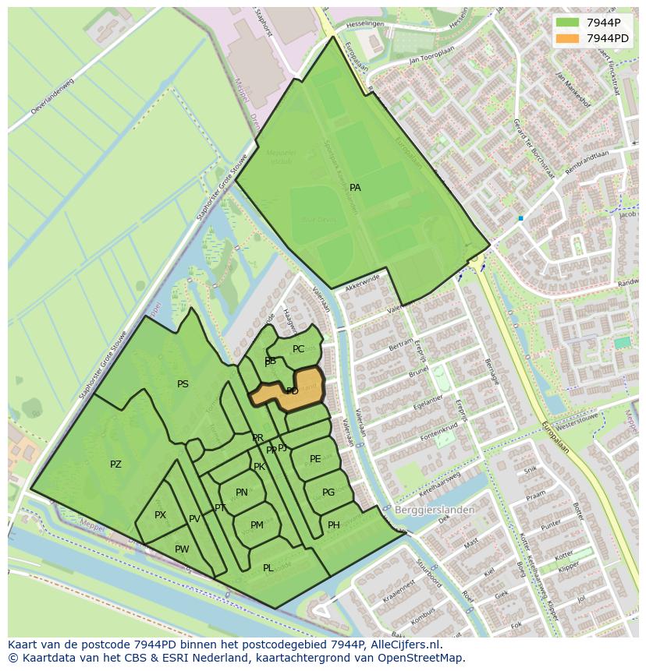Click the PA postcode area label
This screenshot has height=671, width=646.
pos(355,188)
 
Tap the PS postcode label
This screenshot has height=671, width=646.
pos(183,384)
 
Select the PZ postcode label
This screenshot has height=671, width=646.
pos(115,464)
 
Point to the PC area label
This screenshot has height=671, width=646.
pos(298,349)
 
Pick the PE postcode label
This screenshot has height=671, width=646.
pos(315,459)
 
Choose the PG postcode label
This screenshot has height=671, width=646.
pos(328,493)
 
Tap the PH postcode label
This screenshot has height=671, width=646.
pos(334,524)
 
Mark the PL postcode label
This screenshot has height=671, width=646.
pos(268,568)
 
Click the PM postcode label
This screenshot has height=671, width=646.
pos(257,525)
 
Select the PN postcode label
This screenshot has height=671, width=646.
pos(242,493)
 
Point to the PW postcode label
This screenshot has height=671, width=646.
pos(182,549)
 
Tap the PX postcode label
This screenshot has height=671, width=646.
pos(160,515)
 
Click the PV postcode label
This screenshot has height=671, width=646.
pos(194,519)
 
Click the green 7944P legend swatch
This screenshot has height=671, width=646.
pos(567,23)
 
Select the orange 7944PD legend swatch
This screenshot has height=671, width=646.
pos(567,37)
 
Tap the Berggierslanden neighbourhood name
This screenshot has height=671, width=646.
pos(435,510)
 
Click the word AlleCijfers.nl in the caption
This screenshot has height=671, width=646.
pos(406,645)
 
